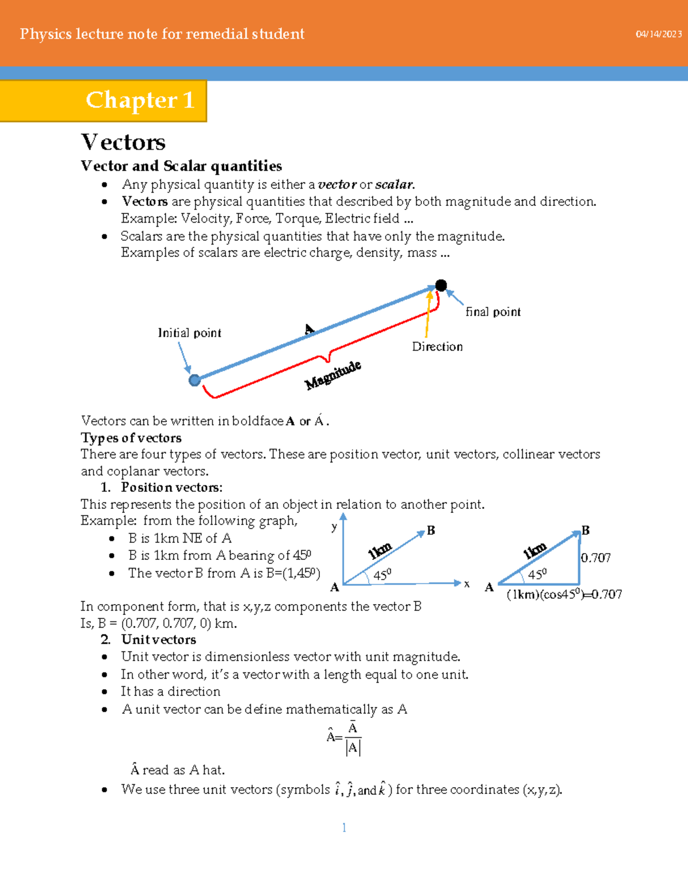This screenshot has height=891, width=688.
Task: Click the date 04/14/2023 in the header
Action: [x=658, y=34]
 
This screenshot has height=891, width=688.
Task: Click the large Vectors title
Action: [x=123, y=142]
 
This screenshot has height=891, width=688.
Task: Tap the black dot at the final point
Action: [x=441, y=285]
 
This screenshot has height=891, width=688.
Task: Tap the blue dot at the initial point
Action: [x=195, y=380]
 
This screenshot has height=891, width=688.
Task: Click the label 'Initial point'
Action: [x=189, y=333]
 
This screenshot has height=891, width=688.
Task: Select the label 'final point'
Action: [x=492, y=312]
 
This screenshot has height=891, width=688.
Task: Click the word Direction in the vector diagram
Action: [x=437, y=347]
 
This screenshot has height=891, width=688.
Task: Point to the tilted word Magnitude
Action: [x=333, y=375]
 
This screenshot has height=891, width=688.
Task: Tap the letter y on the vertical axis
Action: [x=334, y=526]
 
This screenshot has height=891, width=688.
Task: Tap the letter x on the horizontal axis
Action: [x=467, y=583]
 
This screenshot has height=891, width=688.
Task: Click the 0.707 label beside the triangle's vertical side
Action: [x=596, y=558]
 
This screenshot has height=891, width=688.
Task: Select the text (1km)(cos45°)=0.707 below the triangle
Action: [x=564, y=594]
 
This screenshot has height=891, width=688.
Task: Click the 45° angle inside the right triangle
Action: [x=537, y=574]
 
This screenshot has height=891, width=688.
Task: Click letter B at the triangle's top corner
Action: [x=585, y=530]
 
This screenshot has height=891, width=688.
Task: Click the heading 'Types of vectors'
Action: [x=131, y=438]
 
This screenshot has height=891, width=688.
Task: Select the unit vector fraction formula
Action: [x=344, y=738]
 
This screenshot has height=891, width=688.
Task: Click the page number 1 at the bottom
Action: [x=344, y=827]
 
